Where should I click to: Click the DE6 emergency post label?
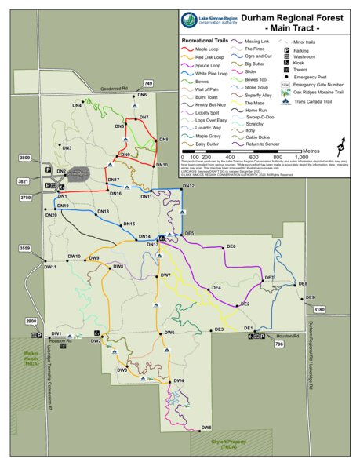click(231, 247)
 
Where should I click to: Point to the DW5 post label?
click(206, 428)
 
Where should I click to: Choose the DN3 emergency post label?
click(67, 147)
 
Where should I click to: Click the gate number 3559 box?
click(25, 249)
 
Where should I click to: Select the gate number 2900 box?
click(31, 322)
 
